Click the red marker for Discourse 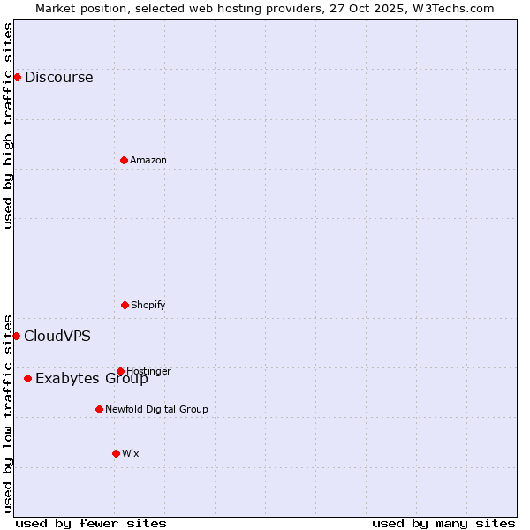(17, 77)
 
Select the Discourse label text (58, 77)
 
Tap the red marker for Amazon (124, 160)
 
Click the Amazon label (148, 160)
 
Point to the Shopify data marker (125, 305)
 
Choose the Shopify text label (148, 305)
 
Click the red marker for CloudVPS (16, 336)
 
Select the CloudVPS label (57, 336)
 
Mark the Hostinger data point (120, 371)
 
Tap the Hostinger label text (149, 371)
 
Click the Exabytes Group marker (27, 378)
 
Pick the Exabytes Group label (92, 379)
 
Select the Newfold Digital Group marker (99, 409)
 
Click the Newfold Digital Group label (156, 409)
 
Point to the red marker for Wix (116, 453)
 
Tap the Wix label (131, 453)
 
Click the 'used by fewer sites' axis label (91, 523)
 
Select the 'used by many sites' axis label (443, 523)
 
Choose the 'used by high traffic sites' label (8, 125)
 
